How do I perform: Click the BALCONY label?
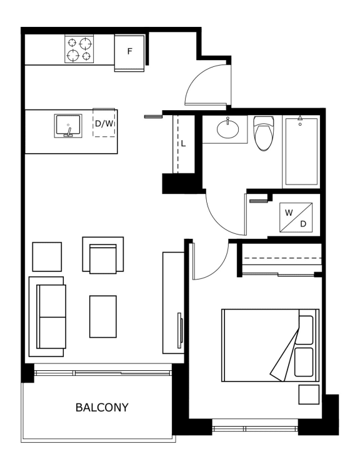tap(102, 407)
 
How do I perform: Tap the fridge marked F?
tap(129, 53)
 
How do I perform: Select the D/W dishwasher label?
tap(104, 123)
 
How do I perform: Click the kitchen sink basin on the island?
tap(68, 126)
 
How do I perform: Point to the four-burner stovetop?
tap(79, 49)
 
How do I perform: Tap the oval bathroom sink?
tap(228, 129)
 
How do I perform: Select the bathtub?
tap(301, 151)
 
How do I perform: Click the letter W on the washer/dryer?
tap(289, 213)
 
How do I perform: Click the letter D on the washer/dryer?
tap(303, 224)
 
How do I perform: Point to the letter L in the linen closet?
tap(183, 144)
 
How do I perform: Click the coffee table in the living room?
tap(103, 317)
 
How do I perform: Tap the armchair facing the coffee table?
tap(102, 255)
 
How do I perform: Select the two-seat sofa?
tap(47, 317)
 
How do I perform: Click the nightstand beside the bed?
tap(309, 394)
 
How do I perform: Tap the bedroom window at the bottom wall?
tap(255, 429)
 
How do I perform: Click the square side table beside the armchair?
tap(47, 257)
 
